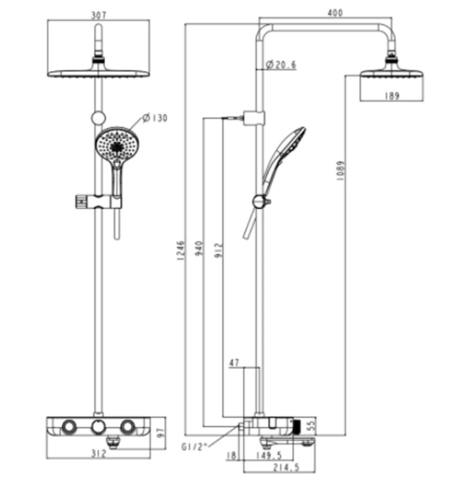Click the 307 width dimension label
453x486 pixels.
point(98,15)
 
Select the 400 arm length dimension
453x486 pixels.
point(335,13)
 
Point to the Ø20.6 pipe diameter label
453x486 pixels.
point(280,65)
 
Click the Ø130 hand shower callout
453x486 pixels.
point(154,118)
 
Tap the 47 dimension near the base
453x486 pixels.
point(235,363)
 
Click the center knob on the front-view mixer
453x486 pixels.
point(99,427)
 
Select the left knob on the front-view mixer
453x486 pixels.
point(69,427)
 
